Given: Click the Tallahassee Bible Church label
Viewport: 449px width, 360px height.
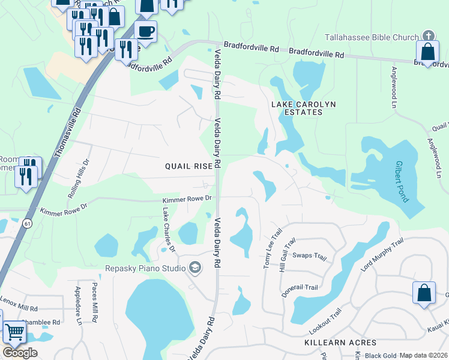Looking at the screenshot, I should pos(371,37).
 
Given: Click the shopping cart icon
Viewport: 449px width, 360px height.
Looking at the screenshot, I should pos(14,331).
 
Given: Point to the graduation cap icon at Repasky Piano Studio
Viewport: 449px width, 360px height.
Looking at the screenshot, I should pos(195,268).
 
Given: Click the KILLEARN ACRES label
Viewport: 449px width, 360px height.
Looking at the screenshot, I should pos(340,343).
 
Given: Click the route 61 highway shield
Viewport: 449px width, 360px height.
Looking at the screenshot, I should pos(28,223).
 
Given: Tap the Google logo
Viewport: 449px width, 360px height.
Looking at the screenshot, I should pos(20,352).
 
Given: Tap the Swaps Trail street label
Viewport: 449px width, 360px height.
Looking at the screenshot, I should pos(309,256).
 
